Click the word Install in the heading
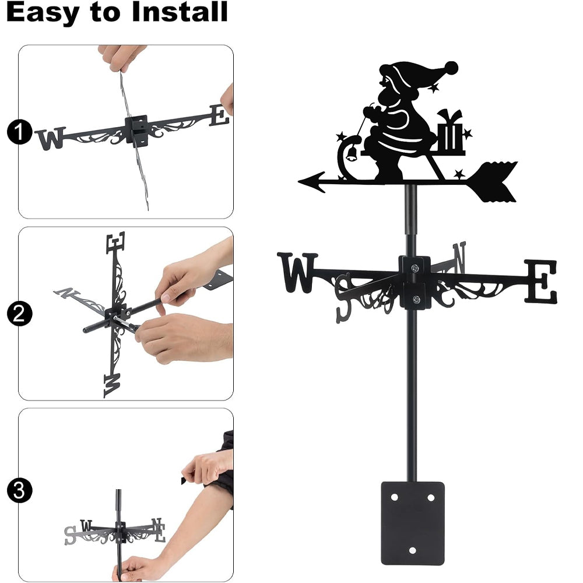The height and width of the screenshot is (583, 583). [180, 12]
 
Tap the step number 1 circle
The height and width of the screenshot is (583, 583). [19, 132]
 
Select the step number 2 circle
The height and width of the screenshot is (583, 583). [19, 314]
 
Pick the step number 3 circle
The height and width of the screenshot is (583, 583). [19, 491]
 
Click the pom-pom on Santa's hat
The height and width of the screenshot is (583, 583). [451, 68]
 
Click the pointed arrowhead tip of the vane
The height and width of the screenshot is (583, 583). [299, 181]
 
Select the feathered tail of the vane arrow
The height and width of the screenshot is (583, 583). [493, 182]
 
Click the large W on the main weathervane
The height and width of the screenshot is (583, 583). [297, 272]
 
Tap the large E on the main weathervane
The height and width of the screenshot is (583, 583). [541, 281]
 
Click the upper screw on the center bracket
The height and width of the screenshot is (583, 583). [415, 268]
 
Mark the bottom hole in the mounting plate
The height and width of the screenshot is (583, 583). [412, 550]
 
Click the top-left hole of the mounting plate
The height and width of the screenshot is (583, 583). [395, 497]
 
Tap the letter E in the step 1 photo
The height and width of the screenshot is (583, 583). [219, 115]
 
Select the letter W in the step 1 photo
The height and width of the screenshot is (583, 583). [51, 138]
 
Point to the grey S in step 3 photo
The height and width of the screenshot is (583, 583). [70, 535]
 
